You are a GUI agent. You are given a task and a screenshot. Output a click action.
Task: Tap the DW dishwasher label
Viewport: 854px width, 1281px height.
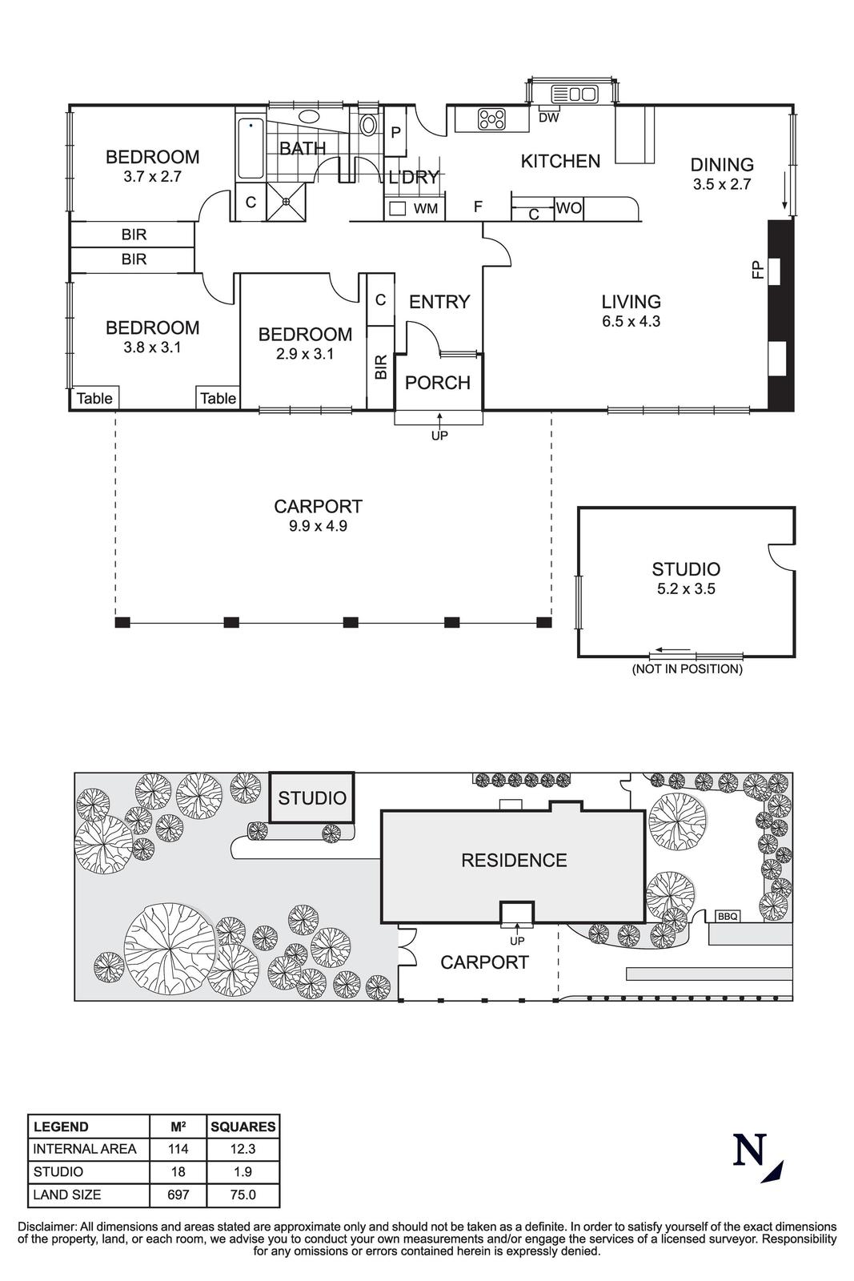548,118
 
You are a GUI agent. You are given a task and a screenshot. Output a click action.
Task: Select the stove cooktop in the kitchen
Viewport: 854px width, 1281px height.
491,119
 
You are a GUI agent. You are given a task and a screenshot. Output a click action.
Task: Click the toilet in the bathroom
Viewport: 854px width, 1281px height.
368,125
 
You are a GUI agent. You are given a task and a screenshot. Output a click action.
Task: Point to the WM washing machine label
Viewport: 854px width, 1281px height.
426,209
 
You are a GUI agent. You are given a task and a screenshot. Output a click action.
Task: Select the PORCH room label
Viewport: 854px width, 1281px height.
437,383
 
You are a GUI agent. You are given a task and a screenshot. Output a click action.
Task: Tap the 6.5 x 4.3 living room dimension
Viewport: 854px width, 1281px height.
631,322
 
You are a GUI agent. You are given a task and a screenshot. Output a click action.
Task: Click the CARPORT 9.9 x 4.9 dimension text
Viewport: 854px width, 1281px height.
318,526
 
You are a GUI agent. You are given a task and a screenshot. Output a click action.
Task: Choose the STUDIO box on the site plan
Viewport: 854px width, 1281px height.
312,797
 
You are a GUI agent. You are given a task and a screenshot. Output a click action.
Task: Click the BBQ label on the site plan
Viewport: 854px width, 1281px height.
727,916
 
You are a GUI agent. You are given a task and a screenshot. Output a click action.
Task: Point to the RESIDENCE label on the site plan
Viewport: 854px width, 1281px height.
514,861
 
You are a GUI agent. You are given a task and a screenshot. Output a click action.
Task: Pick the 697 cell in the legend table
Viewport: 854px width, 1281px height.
178,1195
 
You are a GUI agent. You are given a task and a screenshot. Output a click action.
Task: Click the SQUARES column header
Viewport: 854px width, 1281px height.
243,1126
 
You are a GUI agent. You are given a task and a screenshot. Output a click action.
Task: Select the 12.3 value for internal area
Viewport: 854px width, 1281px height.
243,1149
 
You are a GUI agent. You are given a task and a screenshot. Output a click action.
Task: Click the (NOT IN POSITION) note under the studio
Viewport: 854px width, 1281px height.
687,669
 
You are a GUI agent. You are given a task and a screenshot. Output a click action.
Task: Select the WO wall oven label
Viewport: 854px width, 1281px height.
568,209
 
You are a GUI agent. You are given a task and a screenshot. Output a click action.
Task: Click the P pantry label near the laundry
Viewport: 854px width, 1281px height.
395,132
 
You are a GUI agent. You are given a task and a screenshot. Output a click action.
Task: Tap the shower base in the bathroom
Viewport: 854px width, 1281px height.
286,202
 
